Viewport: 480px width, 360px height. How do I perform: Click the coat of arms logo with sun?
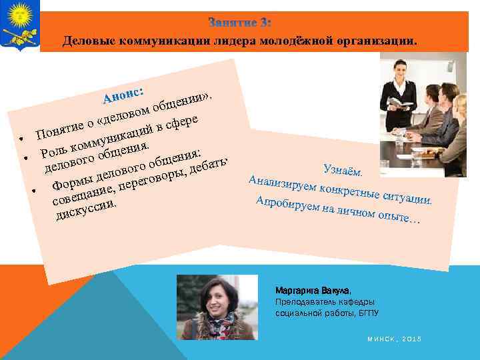click(x=19, y=25)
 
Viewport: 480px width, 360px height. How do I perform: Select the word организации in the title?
click(x=374, y=40)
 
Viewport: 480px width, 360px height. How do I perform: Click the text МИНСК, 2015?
click(x=394, y=339)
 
